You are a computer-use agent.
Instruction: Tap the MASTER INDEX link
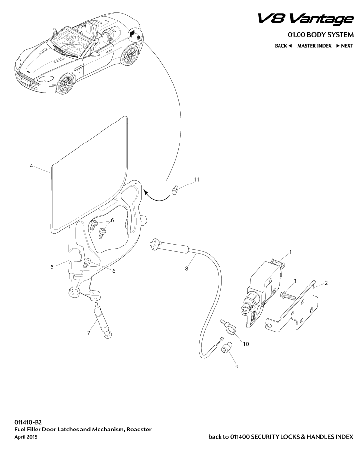click(x=314, y=46)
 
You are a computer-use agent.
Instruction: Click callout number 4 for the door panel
click(x=31, y=166)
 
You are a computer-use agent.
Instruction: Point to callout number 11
click(x=196, y=180)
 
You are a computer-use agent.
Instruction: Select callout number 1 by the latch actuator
click(x=290, y=252)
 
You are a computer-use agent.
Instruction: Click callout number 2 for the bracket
click(x=326, y=283)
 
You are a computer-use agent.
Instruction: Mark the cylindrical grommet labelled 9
click(x=226, y=349)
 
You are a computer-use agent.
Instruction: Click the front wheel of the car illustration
click(x=65, y=84)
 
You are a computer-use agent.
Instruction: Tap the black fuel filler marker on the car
click(x=135, y=35)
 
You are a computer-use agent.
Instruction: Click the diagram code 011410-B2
click(x=28, y=421)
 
